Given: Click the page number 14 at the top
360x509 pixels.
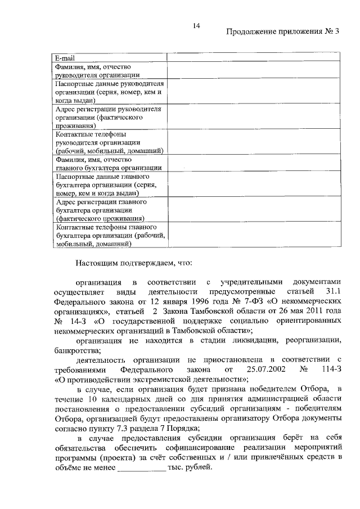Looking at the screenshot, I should click(196, 25).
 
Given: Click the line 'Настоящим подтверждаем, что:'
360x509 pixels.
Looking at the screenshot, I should click(134, 263).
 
